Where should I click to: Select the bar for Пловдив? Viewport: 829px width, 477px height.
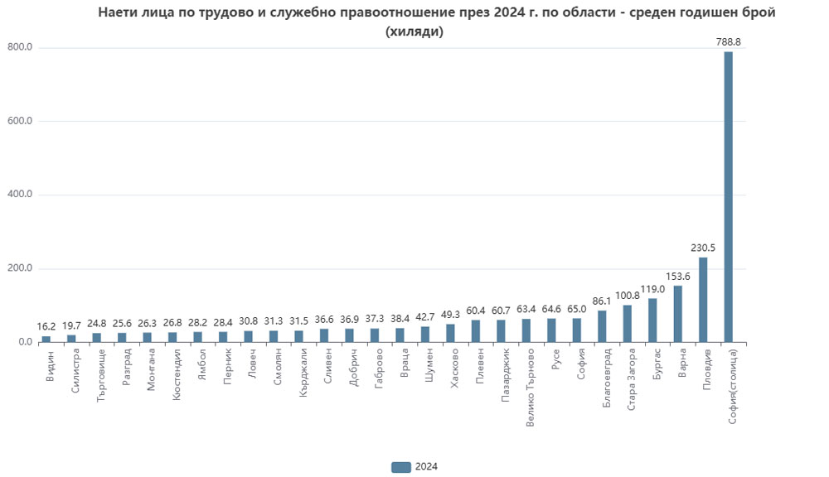coord(703,300)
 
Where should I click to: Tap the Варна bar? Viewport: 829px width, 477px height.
coord(678,314)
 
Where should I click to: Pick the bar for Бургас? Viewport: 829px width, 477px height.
coord(652,320)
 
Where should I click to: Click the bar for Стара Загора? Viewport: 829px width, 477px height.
coord(628,324)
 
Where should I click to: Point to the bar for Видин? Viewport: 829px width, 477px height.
coord(46,340)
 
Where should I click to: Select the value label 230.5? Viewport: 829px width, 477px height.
coord(703,247)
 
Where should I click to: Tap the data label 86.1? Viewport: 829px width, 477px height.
coord(602,301)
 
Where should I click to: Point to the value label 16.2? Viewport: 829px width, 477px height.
coord(46,326)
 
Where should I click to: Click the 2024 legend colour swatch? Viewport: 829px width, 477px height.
coord(400,466)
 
